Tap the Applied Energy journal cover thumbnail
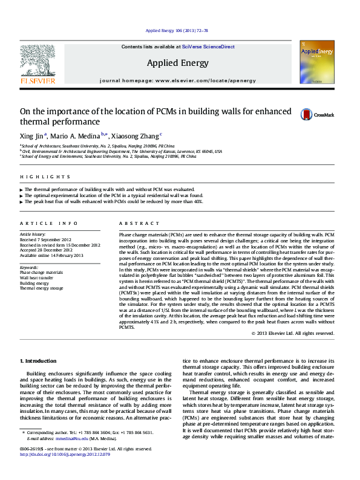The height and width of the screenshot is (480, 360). (x=316, y=66)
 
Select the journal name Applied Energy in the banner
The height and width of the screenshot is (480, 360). (x=177, y=63)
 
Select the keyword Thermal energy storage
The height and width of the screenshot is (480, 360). (x=41, y=288)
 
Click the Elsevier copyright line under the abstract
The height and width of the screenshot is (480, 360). (x=293, y=333)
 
